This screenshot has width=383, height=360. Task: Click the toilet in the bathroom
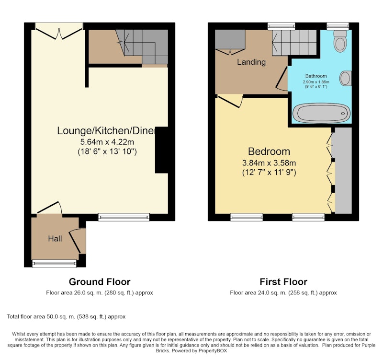340,41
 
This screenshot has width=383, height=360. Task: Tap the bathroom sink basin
346,78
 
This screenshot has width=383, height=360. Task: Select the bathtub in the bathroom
321,113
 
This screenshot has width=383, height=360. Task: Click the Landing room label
251,62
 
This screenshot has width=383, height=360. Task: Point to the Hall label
55,239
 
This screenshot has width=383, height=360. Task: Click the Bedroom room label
269,151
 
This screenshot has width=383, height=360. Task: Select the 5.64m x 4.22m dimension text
107,142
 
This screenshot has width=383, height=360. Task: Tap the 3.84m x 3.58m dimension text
269,163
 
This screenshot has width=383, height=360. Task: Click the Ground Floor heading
100,282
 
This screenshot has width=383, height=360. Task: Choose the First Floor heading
283,282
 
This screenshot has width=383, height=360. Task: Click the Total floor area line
66,317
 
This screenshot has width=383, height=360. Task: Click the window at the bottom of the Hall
54,263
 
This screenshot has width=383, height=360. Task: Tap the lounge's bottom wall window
124,217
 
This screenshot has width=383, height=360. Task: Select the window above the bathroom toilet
338,26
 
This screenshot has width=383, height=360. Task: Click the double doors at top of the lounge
59,34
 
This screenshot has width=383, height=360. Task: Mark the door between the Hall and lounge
50,208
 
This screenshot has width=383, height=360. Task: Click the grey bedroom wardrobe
343,171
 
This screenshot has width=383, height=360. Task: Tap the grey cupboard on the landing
230,39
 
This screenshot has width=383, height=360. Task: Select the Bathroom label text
316,76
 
